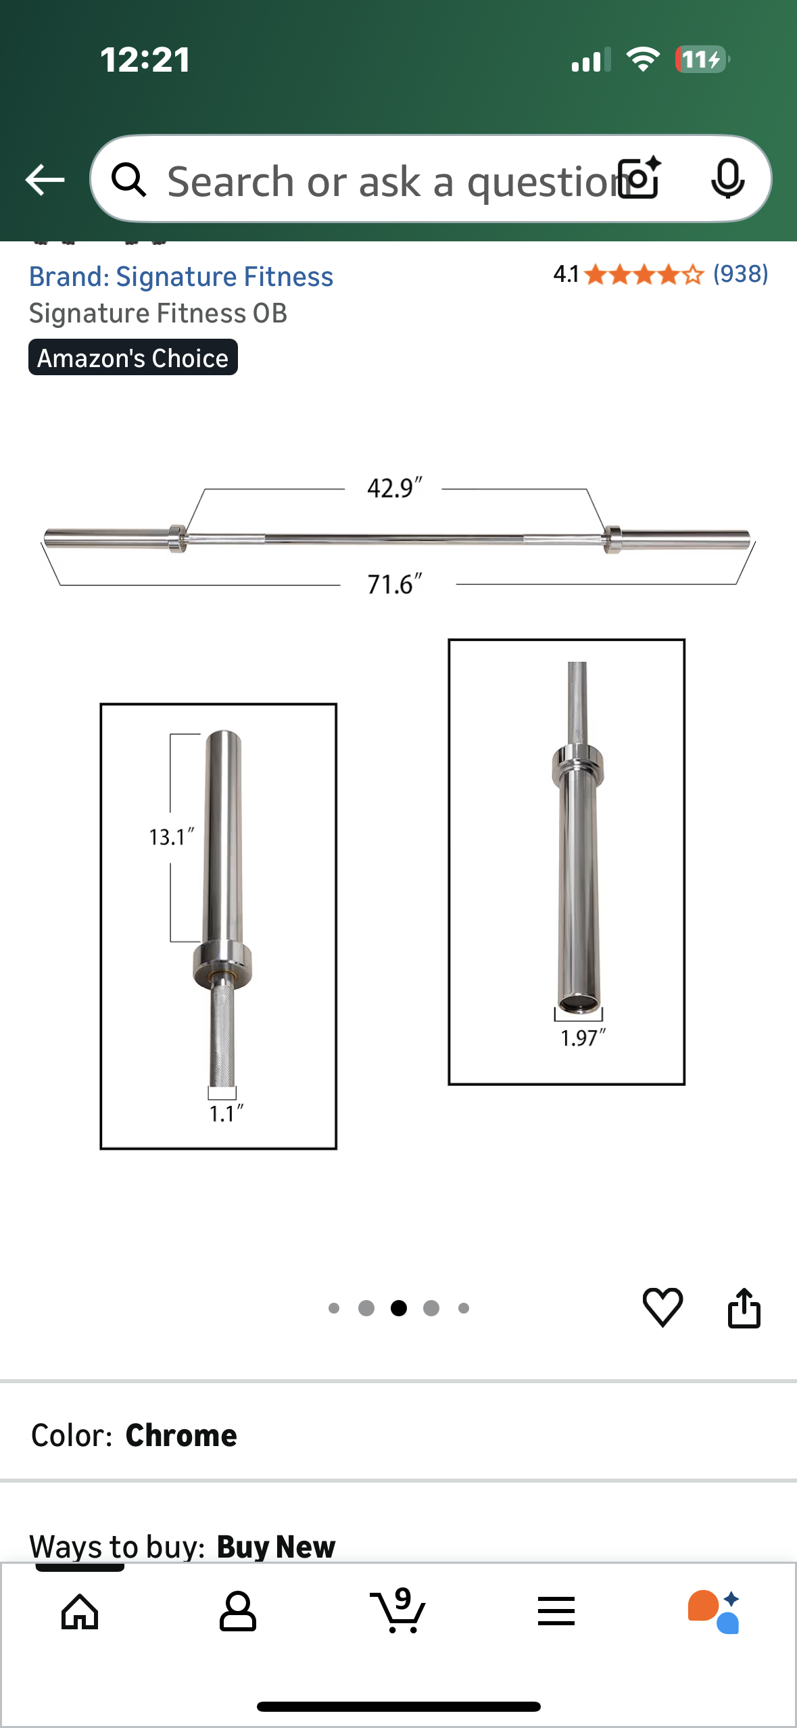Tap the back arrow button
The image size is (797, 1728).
45,180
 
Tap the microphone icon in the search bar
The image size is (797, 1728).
727,179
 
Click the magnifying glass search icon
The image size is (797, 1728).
128,180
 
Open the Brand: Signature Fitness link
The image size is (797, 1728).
181,277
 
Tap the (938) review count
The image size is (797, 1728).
741,274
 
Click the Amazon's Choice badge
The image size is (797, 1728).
133,358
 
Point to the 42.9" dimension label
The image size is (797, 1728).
394,487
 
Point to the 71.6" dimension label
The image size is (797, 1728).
394,584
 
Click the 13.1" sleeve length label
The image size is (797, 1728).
171,837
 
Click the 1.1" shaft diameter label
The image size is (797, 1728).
225,1113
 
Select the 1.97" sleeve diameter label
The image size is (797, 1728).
583,1038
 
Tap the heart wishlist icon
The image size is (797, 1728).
662,1307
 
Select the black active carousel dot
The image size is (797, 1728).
399,1308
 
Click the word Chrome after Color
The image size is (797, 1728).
181,1435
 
